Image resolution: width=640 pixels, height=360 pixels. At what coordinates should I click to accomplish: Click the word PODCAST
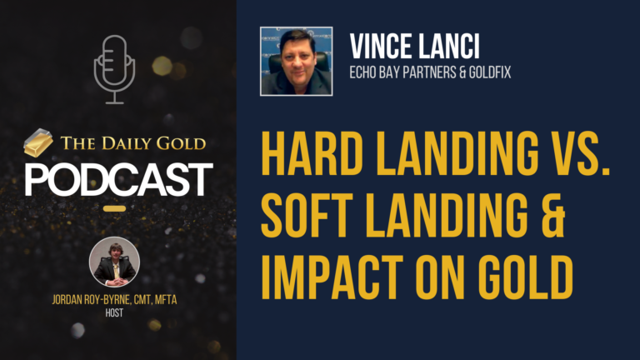click(117, 178)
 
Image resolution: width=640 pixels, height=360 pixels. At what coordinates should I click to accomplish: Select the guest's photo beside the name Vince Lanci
click(297, 61)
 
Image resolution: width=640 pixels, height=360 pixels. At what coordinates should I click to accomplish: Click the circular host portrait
click(114, 262)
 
